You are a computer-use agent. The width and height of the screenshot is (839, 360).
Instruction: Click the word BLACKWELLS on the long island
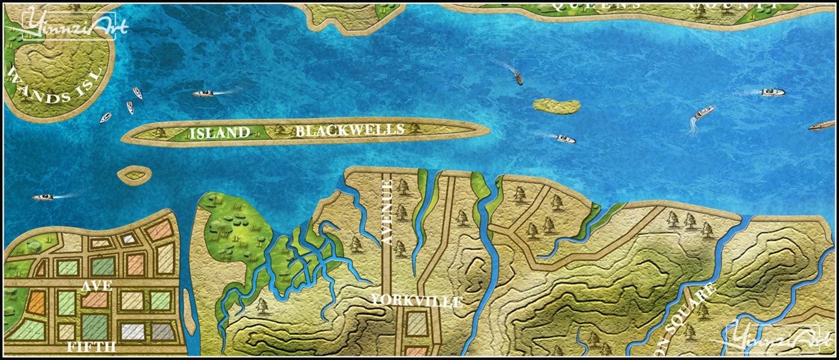coord(350,130)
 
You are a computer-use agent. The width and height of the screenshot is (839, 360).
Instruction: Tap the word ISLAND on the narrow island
coord(219,133)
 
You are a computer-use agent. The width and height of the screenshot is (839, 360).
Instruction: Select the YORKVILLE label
coord(417,301)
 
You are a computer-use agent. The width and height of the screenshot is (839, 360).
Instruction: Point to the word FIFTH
coord(91,347)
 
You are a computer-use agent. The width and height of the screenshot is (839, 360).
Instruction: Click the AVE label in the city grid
coord(97,286)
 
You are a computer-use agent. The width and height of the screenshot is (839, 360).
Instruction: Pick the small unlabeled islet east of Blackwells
coord(557,106)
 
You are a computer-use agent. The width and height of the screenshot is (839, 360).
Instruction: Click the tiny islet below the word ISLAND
coord(134,175)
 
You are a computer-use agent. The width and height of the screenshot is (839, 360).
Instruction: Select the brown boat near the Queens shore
coord(518,78)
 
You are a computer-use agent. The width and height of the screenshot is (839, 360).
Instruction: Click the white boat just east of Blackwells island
coord(565,139)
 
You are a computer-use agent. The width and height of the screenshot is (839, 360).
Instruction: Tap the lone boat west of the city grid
coord(43,197)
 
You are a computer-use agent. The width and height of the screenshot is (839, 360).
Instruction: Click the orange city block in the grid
coord(36,302)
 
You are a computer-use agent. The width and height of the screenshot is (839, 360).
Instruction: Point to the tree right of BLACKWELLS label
coord(416,128)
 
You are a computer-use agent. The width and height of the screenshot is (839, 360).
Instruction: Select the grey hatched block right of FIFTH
coord(162,331)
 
